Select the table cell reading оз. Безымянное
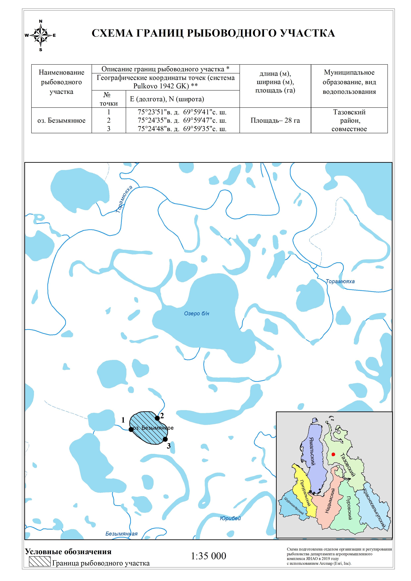click(x=61, y=120)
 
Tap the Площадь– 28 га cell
click(x=275, y=120)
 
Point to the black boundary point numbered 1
click(x=131, y=429)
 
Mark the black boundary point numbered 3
click(x=165, y=439)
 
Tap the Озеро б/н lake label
click(x=197, y=314)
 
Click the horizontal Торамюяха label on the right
click(x=340, y=281)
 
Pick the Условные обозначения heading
click(x=68, y=552)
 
